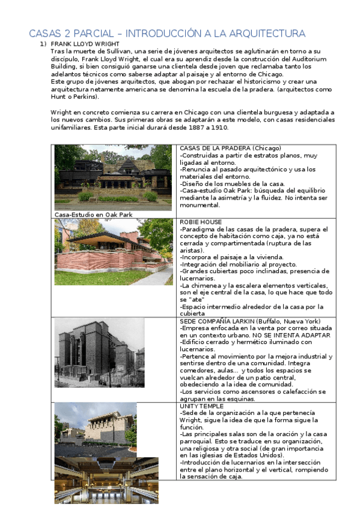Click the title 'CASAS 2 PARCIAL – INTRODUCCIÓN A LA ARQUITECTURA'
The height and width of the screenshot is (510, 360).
click(x=167, y=33)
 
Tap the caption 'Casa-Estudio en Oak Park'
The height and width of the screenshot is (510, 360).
click(x=93, y=215)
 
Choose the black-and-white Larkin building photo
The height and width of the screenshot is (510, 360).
click(x=99, y=352)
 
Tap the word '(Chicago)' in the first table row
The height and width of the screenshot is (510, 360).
click(x=266, y=149)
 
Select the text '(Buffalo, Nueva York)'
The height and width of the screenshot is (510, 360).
click(x=290, y=321)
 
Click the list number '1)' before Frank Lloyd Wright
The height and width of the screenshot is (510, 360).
click(x=43, y=45)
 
